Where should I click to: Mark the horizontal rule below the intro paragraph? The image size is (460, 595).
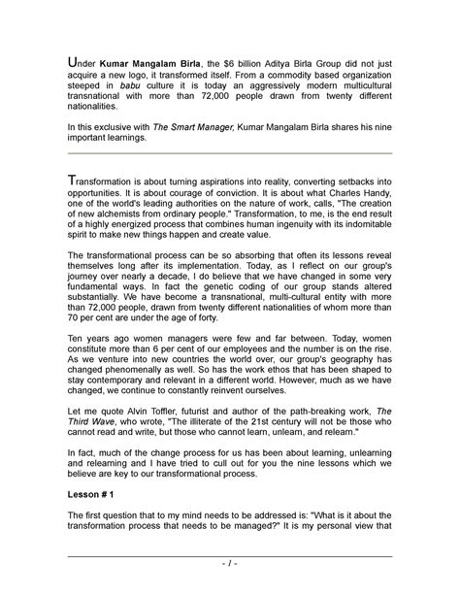point(230,153)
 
